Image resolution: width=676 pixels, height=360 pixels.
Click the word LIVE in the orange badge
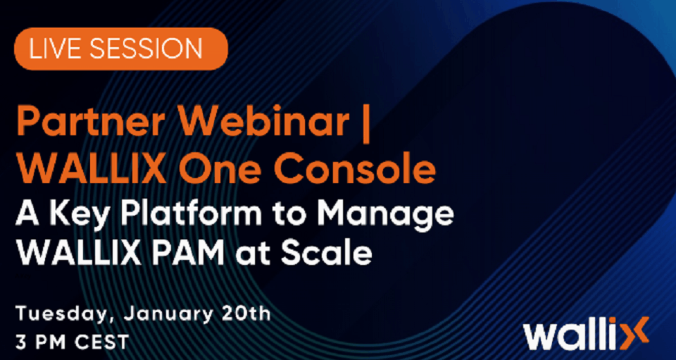56,49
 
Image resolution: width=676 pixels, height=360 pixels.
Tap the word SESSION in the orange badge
146,49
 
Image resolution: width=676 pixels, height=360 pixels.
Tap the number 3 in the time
20,342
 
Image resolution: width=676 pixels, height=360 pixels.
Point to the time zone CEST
101,342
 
